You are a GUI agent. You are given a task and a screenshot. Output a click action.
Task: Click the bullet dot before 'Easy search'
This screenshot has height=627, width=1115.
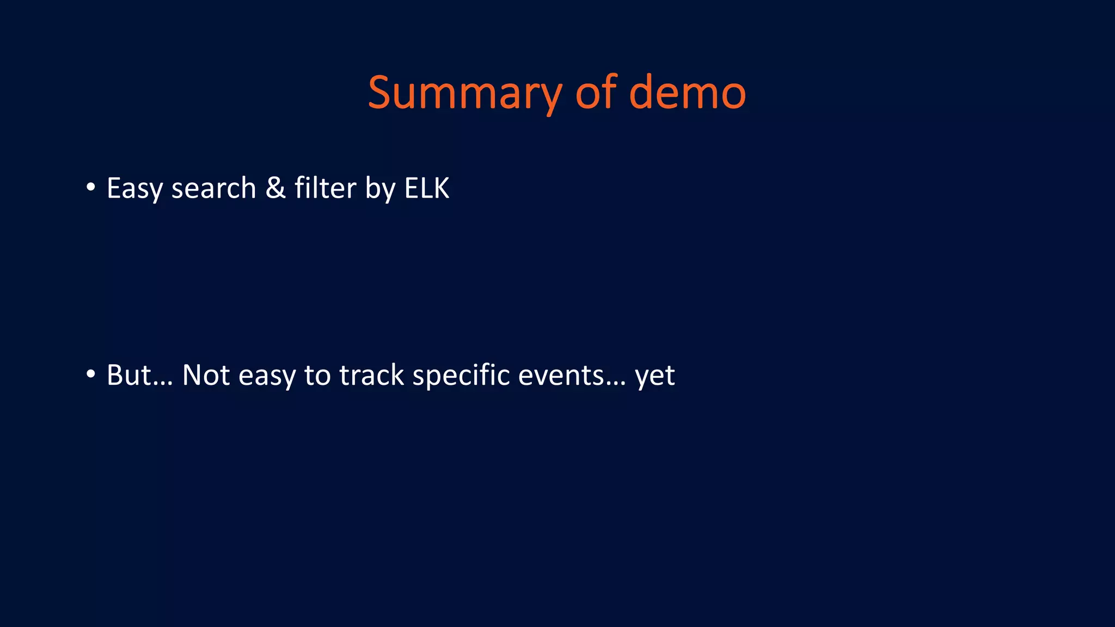[90, 187]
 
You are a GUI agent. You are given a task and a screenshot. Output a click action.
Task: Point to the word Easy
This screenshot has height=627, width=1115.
[134, 189]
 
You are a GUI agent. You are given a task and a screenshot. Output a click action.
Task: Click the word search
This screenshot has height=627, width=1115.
[213, 188]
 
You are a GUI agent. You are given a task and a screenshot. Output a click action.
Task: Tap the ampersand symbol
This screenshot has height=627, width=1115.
[275, 188]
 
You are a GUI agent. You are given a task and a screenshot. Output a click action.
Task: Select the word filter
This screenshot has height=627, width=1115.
[325, 188]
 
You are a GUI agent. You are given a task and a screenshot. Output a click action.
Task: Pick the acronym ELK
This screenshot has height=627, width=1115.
[427, 188]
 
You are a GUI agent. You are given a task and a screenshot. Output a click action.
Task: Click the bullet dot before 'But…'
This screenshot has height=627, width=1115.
[90, 374]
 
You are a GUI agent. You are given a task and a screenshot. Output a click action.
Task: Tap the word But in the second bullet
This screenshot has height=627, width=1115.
[128, 375]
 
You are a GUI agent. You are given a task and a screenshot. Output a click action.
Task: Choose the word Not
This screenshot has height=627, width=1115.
[206, 375]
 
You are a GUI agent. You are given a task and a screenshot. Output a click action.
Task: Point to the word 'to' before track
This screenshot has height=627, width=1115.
[317, 376]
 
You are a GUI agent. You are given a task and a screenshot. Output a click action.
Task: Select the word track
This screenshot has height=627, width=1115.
[372, 375]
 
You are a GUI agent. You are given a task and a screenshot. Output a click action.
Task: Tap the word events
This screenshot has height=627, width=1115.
[561, 376]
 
